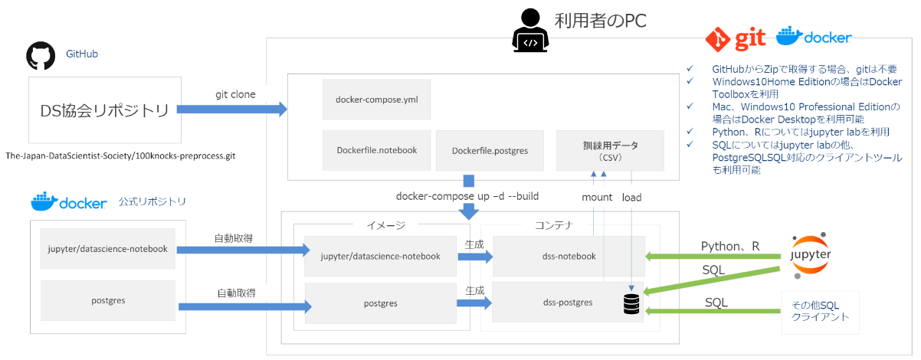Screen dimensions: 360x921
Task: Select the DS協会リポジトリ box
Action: pyautogui.click(x=105, y=110)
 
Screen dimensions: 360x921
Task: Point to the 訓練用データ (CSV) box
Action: pyautogui.click(x=610, y=150)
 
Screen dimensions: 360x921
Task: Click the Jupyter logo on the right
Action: pyautogui.click(x=811, y=254)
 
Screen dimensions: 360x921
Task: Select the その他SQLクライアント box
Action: pyautogui.click(x=820, y=312)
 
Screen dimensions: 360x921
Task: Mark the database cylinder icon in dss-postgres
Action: pyautogui.click(x=631, y=304)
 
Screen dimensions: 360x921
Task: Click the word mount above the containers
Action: pyautogui.click(x=597, y=197)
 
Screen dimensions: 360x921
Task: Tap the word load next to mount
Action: pyautogui.click(x=631, y=197)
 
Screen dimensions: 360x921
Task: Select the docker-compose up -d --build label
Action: pyautogui.click(x=467, y=196)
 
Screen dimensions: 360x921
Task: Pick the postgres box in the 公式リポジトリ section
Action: pyautogui.click(x=108, y=301)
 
